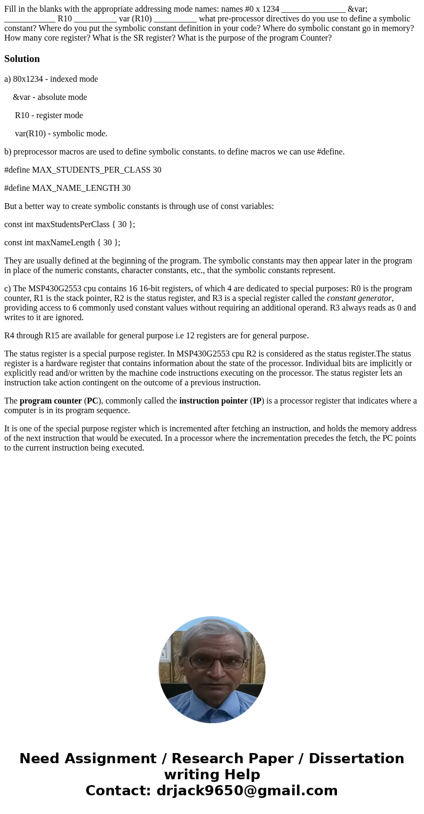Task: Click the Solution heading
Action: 22,59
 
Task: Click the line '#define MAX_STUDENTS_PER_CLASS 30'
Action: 83,170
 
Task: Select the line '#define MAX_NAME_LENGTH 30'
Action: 67,188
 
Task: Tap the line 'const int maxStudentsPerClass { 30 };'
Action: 69,224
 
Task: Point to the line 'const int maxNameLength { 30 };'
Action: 62,243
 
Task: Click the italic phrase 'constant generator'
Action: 359,298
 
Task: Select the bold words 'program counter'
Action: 51,401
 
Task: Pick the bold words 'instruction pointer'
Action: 213,401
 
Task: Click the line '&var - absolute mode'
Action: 50,97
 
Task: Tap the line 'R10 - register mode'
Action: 49,115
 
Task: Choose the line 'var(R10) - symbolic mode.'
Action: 61,134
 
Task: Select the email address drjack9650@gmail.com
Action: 247,791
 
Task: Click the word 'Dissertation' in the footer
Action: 356,759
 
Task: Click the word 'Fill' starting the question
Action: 11,9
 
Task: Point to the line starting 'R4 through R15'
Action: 156,336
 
